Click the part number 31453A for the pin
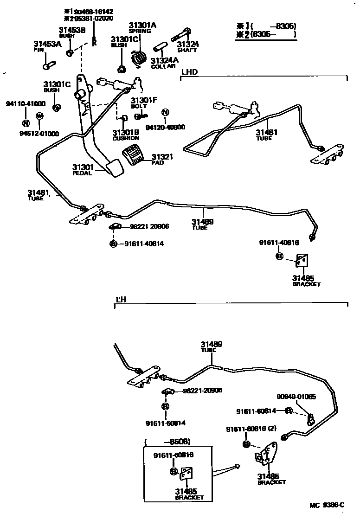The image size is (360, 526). tap(47, 45)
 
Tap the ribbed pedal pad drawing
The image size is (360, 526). tap(135, 154)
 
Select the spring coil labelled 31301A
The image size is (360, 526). tap(139, 57)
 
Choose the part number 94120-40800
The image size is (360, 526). tap(165, 127)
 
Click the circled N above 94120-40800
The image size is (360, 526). tap(165, 113)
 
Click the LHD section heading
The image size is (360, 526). tap(189, 72)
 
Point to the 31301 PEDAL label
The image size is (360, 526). tap(83, 169)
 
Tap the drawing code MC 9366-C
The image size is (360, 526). tap(327, 505)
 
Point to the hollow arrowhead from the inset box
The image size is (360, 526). tap(237, 466)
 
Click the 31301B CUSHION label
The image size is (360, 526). tap(125, 135)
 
